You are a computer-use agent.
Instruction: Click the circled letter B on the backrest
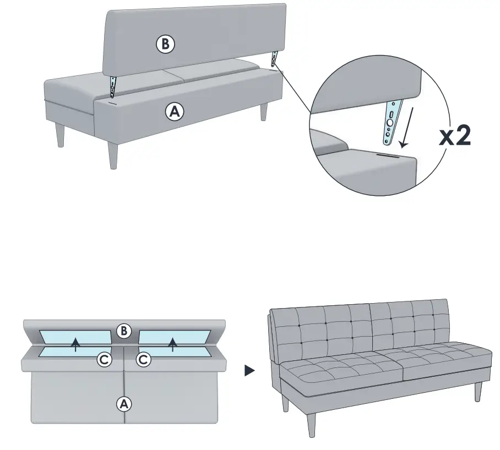click(165, 45)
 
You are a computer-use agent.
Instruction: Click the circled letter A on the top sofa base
click(175, 112)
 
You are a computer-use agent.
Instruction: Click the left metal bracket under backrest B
click(113, 86)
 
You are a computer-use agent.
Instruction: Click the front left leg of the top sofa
click(113, 154)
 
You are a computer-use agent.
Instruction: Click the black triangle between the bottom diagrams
click(250, 371)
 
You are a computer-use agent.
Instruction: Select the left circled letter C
click(105, 360)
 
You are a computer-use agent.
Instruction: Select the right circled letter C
click(143, 360)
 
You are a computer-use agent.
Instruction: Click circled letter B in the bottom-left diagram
click(124, 331)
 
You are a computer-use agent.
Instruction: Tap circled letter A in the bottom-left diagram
click(124, 404)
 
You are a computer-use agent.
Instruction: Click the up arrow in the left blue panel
click(76, 345)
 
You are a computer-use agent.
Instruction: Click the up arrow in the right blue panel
click(173, 344)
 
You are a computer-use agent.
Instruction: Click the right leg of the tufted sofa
click(478, 392)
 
